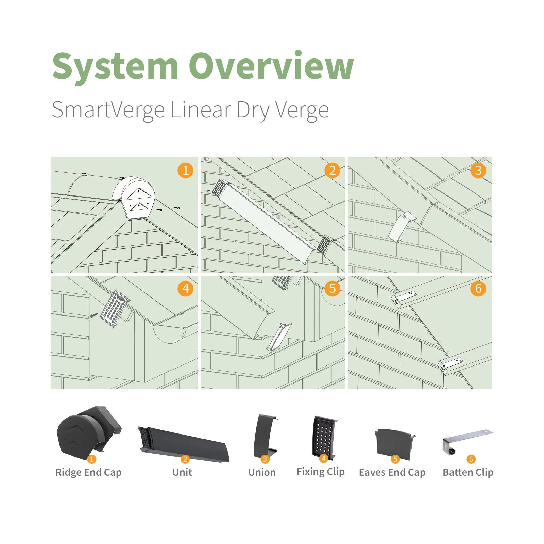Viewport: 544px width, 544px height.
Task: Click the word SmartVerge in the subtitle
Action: point(108,110)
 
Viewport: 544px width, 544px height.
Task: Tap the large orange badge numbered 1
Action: point(185,170)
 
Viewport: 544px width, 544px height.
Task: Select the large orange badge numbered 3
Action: point(478,170)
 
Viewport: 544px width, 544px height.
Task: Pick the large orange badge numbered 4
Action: point(185,289)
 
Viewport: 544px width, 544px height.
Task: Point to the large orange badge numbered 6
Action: point(478,289)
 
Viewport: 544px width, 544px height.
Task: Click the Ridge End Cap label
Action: point(88,472)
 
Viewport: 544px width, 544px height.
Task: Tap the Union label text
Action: point(262,472)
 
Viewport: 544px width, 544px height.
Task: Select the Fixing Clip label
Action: point(321,472)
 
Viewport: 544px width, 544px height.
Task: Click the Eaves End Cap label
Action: point(392,472)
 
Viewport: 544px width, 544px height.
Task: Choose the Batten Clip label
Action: point(468,472)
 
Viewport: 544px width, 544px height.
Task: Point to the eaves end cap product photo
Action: point(394,442)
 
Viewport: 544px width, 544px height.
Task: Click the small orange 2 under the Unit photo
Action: point(185,459)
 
